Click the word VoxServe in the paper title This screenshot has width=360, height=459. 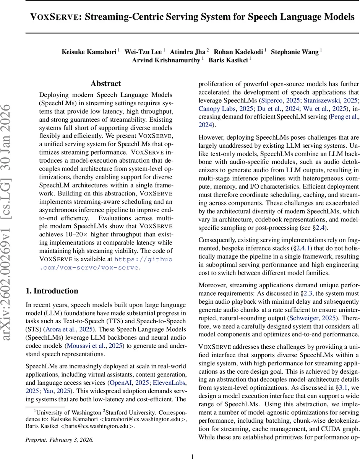(x=55, y=17)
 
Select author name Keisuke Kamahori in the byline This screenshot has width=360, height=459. (x=89, y=52)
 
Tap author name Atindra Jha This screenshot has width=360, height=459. (x=187, y=52)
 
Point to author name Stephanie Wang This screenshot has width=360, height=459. (x=295, y=52)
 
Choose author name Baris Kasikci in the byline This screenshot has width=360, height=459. (x=228, y=60)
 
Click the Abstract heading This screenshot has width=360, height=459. (x=106, y=83)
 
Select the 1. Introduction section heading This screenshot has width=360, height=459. (x=52, y=291)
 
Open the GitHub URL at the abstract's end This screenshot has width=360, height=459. (x=143, y=263)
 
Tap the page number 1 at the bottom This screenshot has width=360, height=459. (x=193, y=456)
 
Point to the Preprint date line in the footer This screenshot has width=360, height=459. (x=59, y=440)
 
